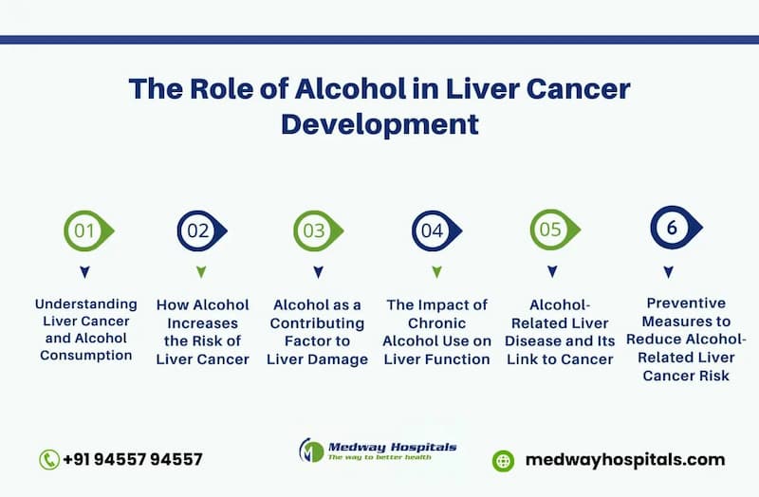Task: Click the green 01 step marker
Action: pos(88,230)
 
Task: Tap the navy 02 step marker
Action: pos(201,230)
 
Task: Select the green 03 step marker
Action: pos(318,230)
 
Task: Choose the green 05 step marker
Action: pos(554,230)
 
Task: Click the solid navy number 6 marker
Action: pos(676,228)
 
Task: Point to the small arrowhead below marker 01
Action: pos(84,272)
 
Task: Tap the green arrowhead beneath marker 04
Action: pos(436,272)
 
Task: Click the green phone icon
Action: pos(49,460)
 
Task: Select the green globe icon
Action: pos(503,461)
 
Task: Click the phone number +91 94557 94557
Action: pos(133,459)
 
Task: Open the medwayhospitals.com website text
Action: pos(625,460)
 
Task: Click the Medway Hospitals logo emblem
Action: pos(311,451)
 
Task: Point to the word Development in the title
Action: pos(380,124)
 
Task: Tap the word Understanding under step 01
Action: pos(86,304)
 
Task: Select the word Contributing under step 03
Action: pos(317,323)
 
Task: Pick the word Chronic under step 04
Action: pos(436,323)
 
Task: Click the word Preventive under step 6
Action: pos(686,303)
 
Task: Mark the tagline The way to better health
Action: pos(379,457)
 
